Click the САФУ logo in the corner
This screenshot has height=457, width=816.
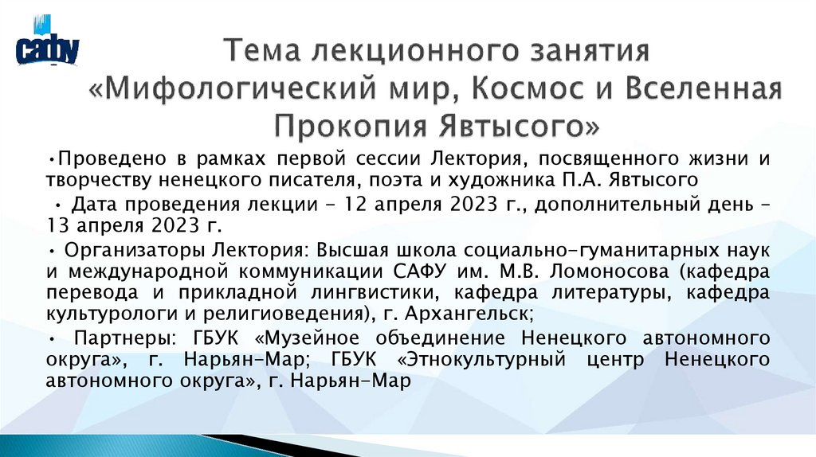pyautogui.click(x=47, y=49)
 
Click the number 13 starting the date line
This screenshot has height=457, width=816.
pyautogui.click(x=57, y=224)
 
